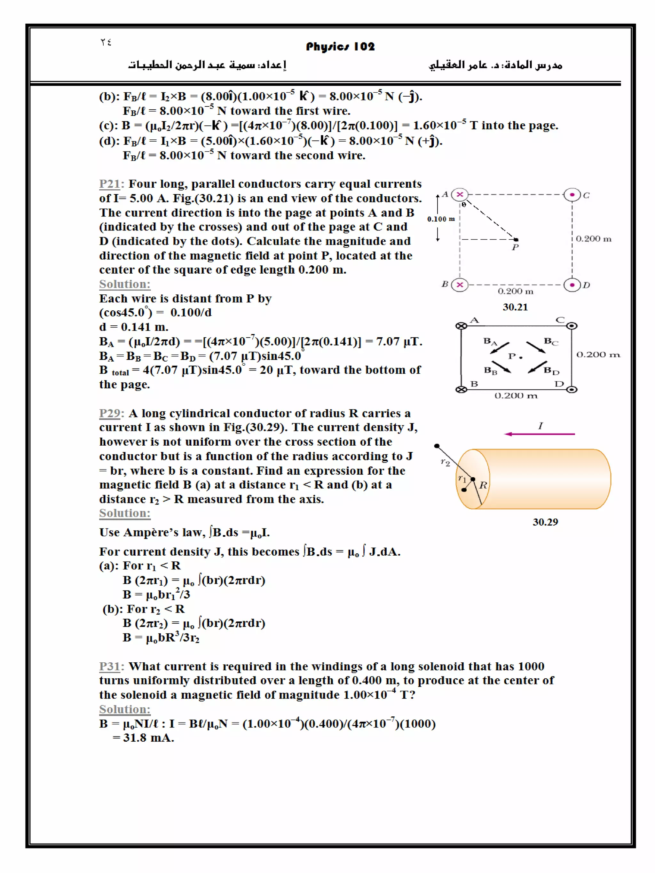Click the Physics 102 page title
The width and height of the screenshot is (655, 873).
(x=340, y=47)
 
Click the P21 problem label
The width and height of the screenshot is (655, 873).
(x=109, y=184)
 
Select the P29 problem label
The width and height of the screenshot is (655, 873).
(x=109, y=413)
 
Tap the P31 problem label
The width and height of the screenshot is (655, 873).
(x=109, y=666)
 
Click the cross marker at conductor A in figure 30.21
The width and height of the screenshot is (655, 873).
(x=460, y=195)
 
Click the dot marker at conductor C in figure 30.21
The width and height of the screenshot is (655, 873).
(x=572, y=195)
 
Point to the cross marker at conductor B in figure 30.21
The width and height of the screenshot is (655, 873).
(x=460, y=285)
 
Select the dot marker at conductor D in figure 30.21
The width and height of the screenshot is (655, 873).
(x=572, y=285)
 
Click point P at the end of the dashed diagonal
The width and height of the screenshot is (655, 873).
(x=516, y=239)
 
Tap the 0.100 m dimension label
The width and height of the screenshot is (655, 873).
(x=441, y=219)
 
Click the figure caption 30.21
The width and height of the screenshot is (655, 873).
(x=515, y=307)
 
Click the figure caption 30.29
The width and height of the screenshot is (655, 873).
(x=545, y=522)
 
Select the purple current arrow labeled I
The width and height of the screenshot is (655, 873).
(x=539, y=434)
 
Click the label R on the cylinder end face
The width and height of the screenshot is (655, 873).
(x=483, y=485)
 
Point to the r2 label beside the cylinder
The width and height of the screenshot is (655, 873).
(x=445, y=462)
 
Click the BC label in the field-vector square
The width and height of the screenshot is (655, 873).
(x=551, y=341)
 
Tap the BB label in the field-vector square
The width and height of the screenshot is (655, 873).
(x=490, y=370)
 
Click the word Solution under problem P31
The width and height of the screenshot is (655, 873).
(x=125, y=709)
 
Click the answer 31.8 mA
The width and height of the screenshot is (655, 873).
(x=148, y=738)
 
